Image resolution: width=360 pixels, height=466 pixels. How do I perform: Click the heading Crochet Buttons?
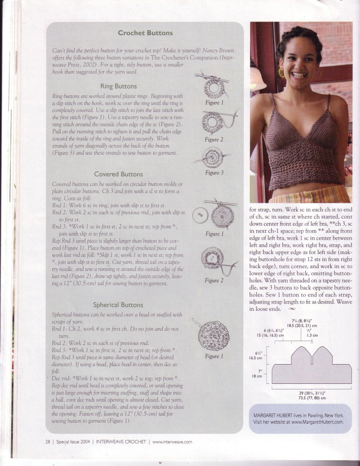coord(145,34)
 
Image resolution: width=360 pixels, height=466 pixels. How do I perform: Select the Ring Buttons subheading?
coord(118,86)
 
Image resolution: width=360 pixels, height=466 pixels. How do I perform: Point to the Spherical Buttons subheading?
coord(118,305)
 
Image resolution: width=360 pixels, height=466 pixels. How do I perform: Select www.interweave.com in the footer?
coord(172,441)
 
